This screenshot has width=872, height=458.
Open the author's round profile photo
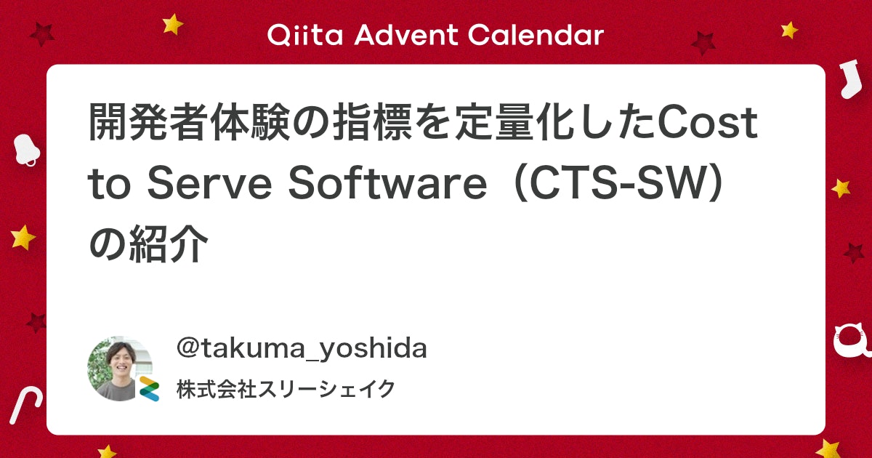[118, 368]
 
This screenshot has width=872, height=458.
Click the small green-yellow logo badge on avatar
[149, 389]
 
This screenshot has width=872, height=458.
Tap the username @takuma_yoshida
[302, 349]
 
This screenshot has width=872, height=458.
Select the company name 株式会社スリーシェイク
[286, 390]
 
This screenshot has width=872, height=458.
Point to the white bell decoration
[25, 149]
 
